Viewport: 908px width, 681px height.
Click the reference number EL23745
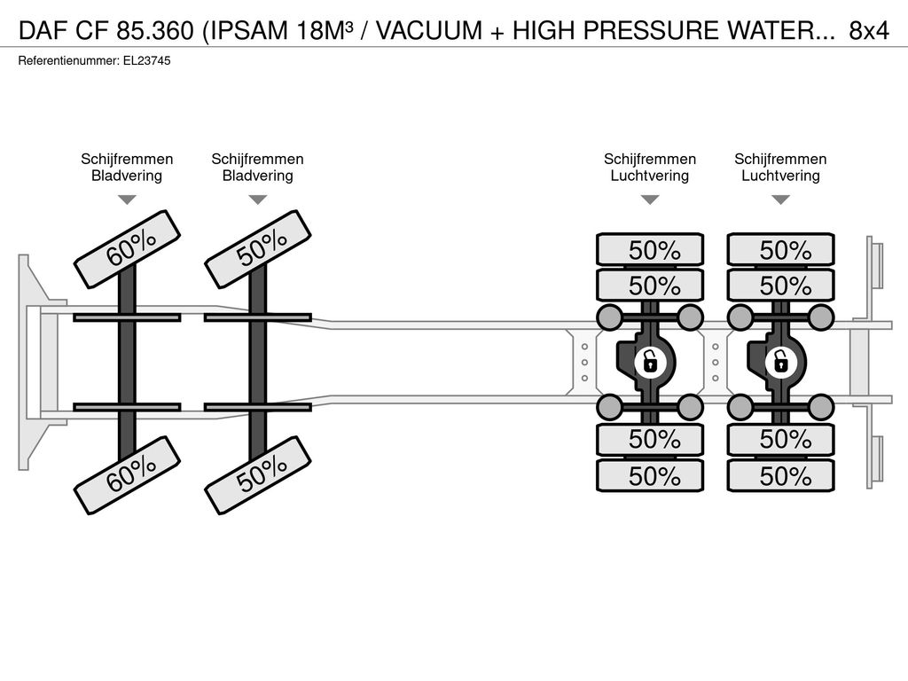click(x=147, y=61)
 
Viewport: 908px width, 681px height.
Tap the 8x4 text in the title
click(x=869, y=31)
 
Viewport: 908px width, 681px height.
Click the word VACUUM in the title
click(x=429, y=31)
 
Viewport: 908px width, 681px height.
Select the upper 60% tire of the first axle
click(x=128, y=249)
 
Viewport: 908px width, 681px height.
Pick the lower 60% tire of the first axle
click(x=128, y=475)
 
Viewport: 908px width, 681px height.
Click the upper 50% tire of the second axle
click(x=258, y=249)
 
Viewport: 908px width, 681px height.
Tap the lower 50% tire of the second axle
click(x=258, y=475)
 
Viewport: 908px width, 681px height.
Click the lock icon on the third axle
click(x=650, y=363)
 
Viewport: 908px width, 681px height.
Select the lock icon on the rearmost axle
click(x=780, y=363)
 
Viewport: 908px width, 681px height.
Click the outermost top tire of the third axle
click(x=650, y=250)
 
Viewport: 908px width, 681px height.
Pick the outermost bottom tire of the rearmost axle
click(x=780, y=476)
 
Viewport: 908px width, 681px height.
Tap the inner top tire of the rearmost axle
click(x=780, y=286)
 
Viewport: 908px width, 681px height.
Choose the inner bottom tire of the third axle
click(x=650, y=440)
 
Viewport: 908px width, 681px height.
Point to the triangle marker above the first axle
click(x=127, y=200)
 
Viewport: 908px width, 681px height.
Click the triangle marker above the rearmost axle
click(x=780, y=200)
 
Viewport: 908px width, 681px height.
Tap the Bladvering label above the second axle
click(x=258, y=176)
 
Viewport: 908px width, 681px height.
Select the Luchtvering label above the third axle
click(x=650, y=176)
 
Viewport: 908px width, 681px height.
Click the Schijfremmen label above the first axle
click(x=127, y=160)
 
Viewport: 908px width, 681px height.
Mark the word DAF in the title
click(x=43, y=31)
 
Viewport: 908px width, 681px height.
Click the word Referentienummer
click(x=68, y=61)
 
